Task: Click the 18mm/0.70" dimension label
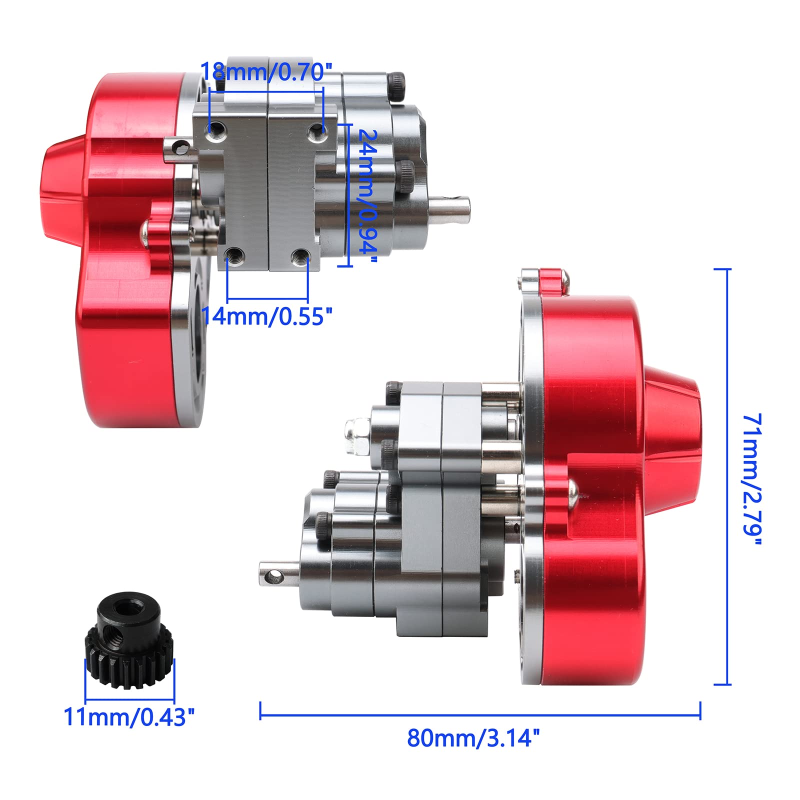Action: coord(266,72)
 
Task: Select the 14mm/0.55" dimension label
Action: coord(266,316)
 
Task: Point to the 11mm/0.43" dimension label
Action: coord(129,717)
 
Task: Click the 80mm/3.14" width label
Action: coord(473,738)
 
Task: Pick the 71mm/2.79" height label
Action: coord(752,480)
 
